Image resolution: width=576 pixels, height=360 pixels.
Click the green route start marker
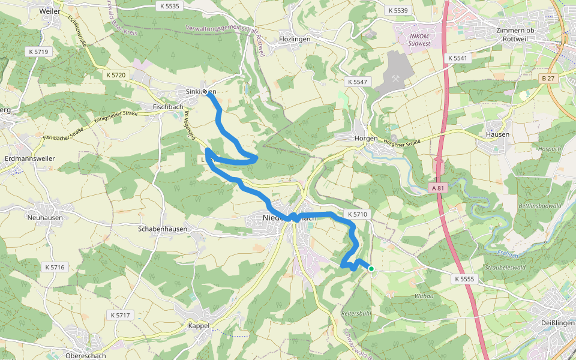coord(371,269)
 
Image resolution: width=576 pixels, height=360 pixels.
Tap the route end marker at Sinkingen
coord(205,92)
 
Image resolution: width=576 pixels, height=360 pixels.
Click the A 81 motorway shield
coord(439,188)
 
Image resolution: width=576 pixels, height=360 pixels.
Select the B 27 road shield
coord(547,79)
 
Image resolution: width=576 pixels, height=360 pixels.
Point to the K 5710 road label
coord(356,214)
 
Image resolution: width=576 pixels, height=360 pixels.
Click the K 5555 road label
coord(464,279)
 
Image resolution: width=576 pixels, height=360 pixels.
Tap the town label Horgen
coord(367,138)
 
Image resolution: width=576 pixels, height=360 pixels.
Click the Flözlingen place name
coord(294,39)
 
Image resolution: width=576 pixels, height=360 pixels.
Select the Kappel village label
coord(199,326)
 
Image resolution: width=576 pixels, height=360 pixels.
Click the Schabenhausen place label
coord(163,229)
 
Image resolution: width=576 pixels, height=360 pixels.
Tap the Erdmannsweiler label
coord(30,158)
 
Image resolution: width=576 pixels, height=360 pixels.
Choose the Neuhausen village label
coord(45,218)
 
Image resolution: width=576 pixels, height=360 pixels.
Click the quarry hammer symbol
coord(396,77)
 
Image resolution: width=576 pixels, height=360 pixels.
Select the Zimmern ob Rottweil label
coord(520,35)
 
